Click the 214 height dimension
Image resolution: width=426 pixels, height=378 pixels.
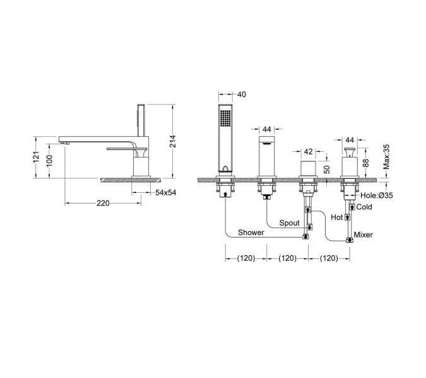pyautogui.click(x=173, y=141)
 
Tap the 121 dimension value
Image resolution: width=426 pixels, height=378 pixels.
pyautogui.click(x=36, y=157)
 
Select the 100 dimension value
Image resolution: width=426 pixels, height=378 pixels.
pyautogui.click(x=49, y=161)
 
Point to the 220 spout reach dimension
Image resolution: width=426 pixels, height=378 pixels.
pyautogui.click(x=103, y=203)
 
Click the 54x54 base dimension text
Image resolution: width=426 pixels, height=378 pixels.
pyautogui.click(x=166, y=193)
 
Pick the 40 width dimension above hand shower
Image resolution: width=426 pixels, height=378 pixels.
pyautogui.click(x=242, y=94)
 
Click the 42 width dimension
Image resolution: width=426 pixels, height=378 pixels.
pyautogui.click(x=308, y=152)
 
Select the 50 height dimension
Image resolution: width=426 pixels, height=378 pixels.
pyautogui.click(x=327, y=169)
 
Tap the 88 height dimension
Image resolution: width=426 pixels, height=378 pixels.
pyautogui.click(x=366, y=163)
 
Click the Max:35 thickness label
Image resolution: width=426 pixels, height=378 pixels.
pyautogui.click(x=386, y=157)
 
